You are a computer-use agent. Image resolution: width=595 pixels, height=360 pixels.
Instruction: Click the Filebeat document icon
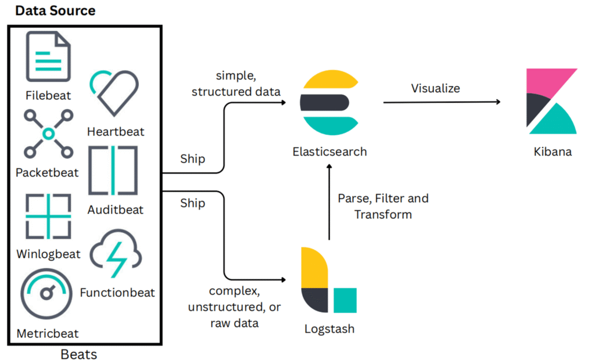48,56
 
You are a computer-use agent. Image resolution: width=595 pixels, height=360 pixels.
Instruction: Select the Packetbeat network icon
48,134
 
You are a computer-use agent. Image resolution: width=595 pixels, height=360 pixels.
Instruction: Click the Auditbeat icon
113,170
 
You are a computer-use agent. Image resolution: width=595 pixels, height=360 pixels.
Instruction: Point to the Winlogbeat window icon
48,216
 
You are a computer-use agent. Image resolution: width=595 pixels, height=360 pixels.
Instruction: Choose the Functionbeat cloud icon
116,253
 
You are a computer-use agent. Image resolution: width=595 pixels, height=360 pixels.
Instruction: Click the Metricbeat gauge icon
46,293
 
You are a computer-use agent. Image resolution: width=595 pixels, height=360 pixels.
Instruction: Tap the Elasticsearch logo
329,102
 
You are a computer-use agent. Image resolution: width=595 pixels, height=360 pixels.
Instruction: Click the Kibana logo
552,101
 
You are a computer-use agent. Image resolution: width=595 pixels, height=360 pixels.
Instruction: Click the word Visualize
435,88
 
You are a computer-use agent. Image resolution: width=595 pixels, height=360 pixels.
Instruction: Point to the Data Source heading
55,10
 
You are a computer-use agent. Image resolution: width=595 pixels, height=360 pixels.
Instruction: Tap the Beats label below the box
79,354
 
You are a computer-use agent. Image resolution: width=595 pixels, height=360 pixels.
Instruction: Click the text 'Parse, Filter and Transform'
383,206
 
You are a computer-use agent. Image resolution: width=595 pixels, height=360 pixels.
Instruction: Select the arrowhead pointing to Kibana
498,102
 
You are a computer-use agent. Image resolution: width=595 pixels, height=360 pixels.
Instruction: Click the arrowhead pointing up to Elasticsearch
329,167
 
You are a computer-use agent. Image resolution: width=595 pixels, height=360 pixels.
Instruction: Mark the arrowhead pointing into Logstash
284,280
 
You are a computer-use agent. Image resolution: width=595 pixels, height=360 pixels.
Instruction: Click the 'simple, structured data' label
236,84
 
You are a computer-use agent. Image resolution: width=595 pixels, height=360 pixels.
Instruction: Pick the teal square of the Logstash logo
345,300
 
